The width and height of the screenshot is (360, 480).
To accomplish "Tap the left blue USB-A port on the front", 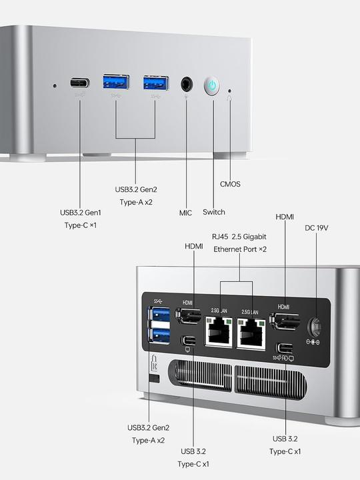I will [115, 83].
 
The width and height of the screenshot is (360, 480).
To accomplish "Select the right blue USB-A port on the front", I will [156, 83].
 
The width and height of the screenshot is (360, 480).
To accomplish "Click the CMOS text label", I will [230, 184].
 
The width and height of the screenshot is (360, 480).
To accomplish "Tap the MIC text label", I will [185, 213].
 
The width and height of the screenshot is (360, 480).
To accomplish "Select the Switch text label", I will [214, 212].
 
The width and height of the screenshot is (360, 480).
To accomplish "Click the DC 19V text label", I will [317, 228].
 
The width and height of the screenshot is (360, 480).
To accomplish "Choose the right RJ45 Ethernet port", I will [252, 331].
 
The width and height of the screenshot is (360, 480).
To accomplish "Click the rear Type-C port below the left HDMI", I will [189, 343].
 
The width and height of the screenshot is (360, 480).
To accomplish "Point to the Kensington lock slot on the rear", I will [155, 378].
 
